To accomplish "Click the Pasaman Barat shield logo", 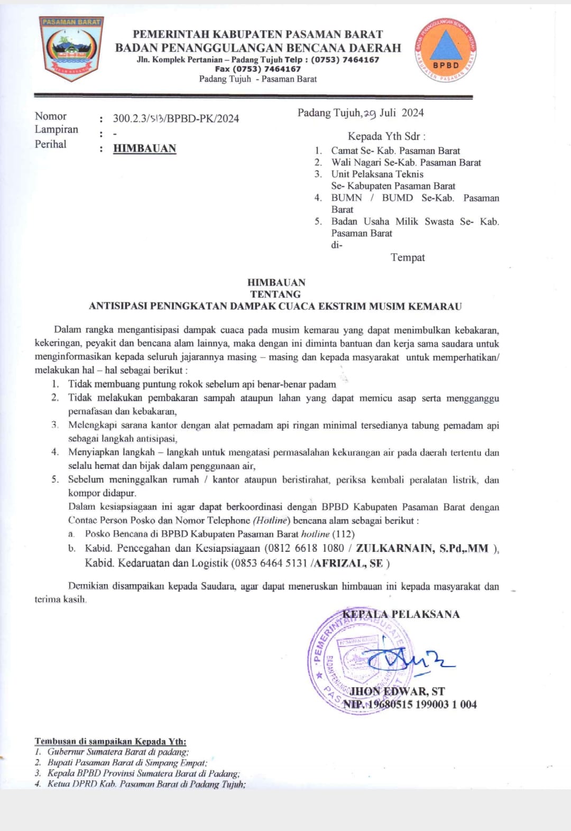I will click(x=71, y=48).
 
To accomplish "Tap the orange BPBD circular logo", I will click(x=445, y=51).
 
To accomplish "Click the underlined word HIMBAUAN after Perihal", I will click(x=144, y=149).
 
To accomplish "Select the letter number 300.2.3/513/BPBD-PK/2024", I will click(x=176, y=118).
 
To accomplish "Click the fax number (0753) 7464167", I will click(x=257, y=69).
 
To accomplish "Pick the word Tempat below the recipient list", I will click(x=408, y=257).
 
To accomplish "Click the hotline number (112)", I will click(x=344, y=534).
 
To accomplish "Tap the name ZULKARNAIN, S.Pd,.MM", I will click(x=422, y=548).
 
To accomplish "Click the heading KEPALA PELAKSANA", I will click(x=401, y=614).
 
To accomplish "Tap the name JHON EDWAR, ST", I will click(x=397, y=691).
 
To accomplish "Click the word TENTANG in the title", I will click(x=275, y=294).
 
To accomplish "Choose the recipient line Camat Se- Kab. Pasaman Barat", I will click(x=395, y=151).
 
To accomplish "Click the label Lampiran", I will click(x=57, y=130).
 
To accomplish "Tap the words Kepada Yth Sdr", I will click(x=386, y=136).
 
